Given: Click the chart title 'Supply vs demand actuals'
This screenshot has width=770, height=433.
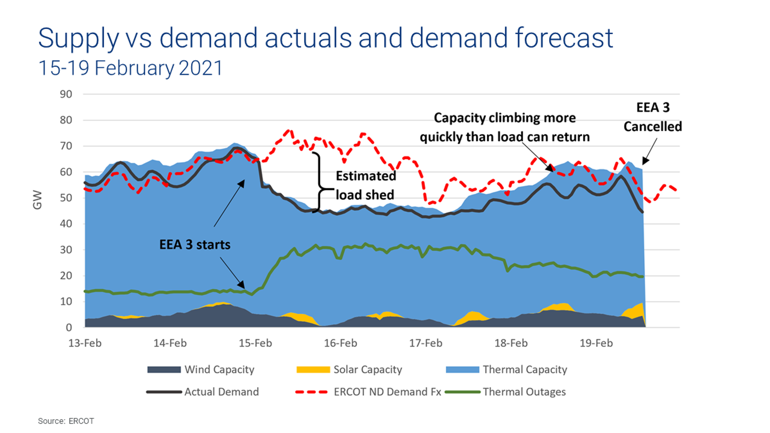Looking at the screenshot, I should pos(325,38).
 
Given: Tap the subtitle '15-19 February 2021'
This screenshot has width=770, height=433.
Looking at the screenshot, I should pos(130,68).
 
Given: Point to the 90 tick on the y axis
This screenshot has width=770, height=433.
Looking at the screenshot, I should pos(66,94).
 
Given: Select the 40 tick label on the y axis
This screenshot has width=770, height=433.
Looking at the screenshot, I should pos(66,224).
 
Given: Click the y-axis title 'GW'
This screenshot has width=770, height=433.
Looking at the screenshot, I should pos(38,200).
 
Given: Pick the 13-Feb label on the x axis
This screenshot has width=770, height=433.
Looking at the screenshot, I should pos(85,343).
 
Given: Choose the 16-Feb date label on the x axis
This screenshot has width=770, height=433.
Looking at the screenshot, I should pos(341,343).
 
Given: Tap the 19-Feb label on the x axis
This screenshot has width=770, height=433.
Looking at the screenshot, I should pos(596,343).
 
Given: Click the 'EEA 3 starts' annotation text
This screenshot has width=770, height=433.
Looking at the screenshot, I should pos(195,245).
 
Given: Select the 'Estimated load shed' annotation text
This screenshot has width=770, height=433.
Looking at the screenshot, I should pos(365,185).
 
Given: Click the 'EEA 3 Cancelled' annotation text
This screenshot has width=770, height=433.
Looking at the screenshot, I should pos(652,117).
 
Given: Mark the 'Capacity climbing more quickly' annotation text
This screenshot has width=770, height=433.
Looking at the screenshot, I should pos(504,127).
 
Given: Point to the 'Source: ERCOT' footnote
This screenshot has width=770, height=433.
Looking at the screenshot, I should pos(66,421).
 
